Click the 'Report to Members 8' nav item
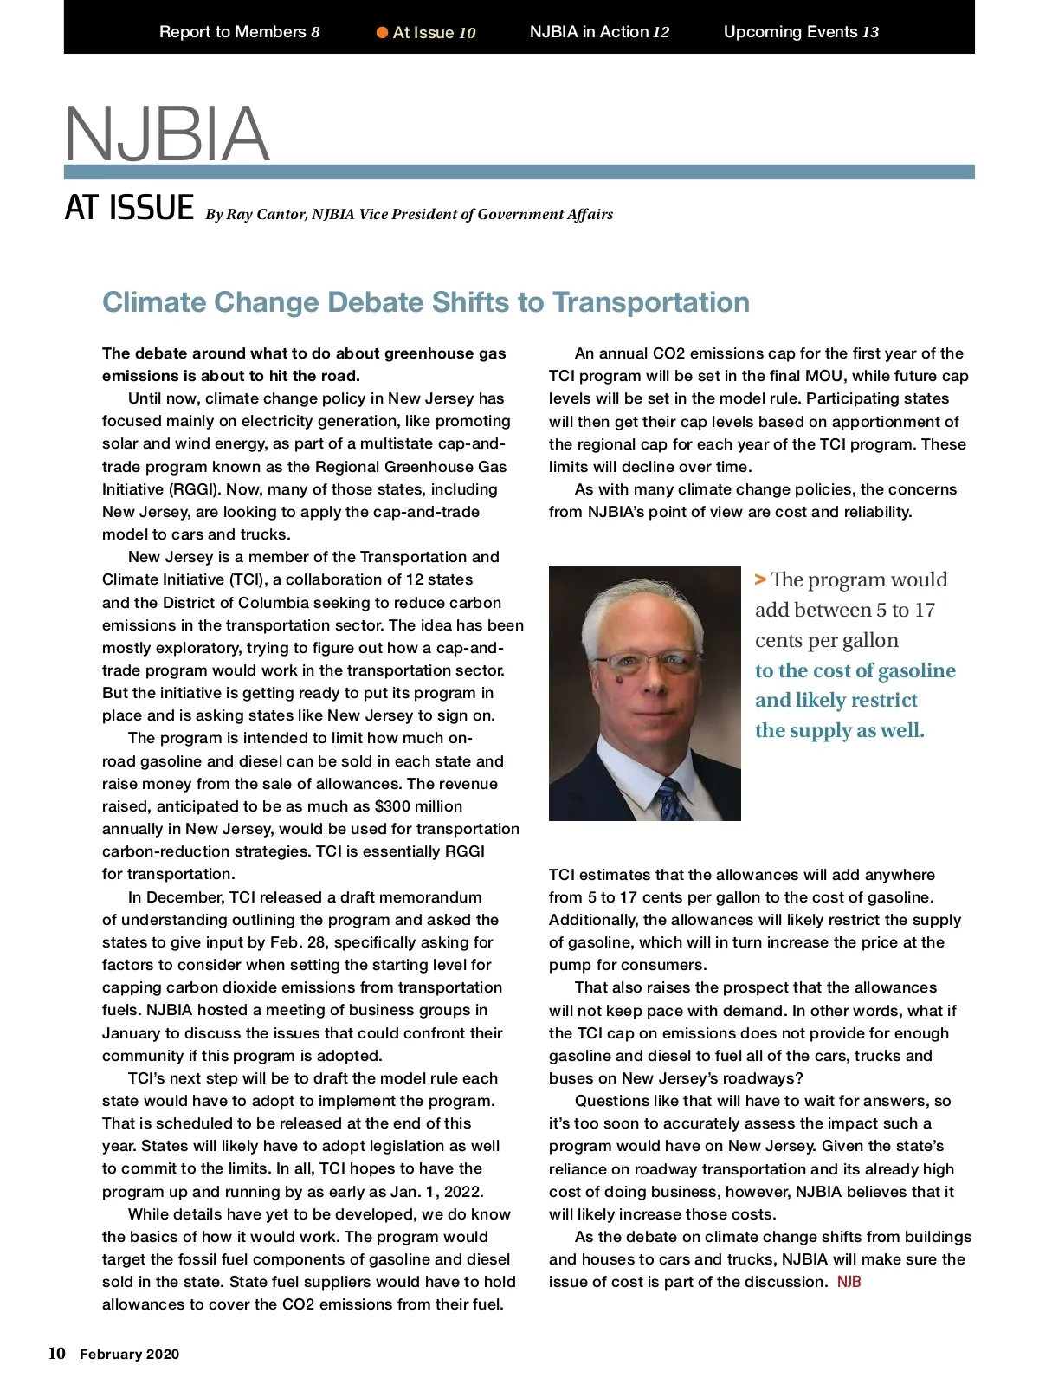pos(239,32)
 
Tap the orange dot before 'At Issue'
pos(382,33)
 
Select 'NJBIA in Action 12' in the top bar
pos(599,32)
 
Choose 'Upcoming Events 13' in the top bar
pos(801,32)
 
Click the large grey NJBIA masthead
pos(167,133)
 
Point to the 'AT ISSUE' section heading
pos(129,208)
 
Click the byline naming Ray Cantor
pos(409,214)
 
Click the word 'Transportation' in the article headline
pos(651,302)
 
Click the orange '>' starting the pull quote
pos(760,579)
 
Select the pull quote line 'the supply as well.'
pos(839,730)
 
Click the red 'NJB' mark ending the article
pos(849,1282)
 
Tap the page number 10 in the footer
pos(56,1354)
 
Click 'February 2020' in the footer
pos(129,1355)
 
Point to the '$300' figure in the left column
pos(394,806)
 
